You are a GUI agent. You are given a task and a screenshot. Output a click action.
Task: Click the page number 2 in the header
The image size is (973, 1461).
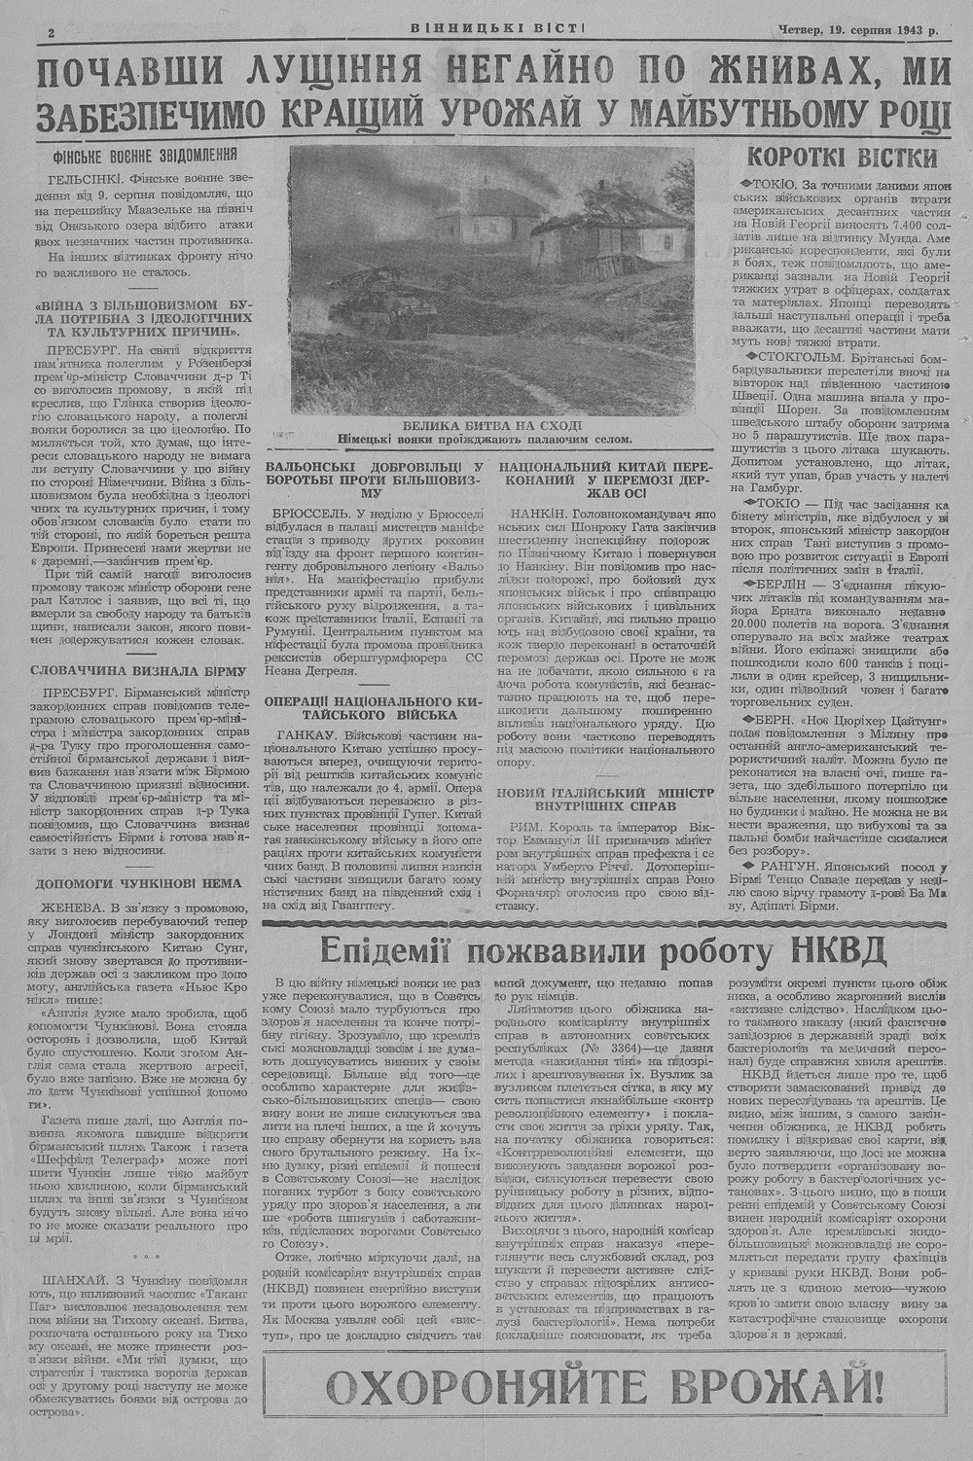[x=50, y=32]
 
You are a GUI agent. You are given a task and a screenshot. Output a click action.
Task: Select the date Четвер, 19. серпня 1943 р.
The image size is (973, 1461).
[x=857, y=30]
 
